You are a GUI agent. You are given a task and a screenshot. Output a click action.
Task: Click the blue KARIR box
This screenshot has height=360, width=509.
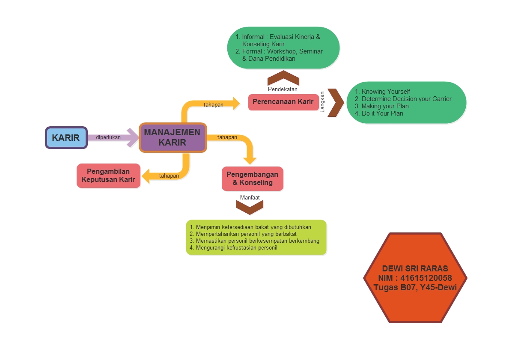[66, 137]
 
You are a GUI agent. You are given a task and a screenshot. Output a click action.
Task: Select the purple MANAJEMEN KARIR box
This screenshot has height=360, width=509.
[172, 137]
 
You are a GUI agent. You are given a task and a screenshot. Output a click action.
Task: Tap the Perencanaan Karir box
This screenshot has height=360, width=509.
[283, 102]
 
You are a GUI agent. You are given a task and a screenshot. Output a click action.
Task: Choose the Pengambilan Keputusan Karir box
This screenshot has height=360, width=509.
[108, 176]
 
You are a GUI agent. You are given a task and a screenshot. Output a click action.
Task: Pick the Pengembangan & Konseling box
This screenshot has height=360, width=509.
[252, 179]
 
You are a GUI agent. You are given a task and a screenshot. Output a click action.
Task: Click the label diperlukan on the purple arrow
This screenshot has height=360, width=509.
[108, 137]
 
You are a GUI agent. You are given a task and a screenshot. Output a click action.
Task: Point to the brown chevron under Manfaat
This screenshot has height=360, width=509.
[250, 207]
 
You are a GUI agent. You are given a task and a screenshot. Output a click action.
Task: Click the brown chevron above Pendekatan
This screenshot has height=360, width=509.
[283, 78]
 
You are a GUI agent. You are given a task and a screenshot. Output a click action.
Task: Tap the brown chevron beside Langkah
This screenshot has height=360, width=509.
[336, 103]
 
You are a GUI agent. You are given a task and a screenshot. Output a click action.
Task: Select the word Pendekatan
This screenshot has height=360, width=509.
[283, 89]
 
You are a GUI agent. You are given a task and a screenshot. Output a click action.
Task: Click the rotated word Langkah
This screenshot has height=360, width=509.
[322, 102]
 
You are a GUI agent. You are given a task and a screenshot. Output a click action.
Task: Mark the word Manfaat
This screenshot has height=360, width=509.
[250, 197]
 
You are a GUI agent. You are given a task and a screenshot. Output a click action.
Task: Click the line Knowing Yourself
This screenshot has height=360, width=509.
[385, 92]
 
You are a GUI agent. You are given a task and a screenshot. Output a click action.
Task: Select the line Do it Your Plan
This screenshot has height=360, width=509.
[382, 113]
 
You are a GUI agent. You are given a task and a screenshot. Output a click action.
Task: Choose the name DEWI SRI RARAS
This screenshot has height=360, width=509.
[415, 268]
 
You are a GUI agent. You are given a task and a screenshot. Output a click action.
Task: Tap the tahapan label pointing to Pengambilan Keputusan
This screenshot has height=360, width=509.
[169, 176]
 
